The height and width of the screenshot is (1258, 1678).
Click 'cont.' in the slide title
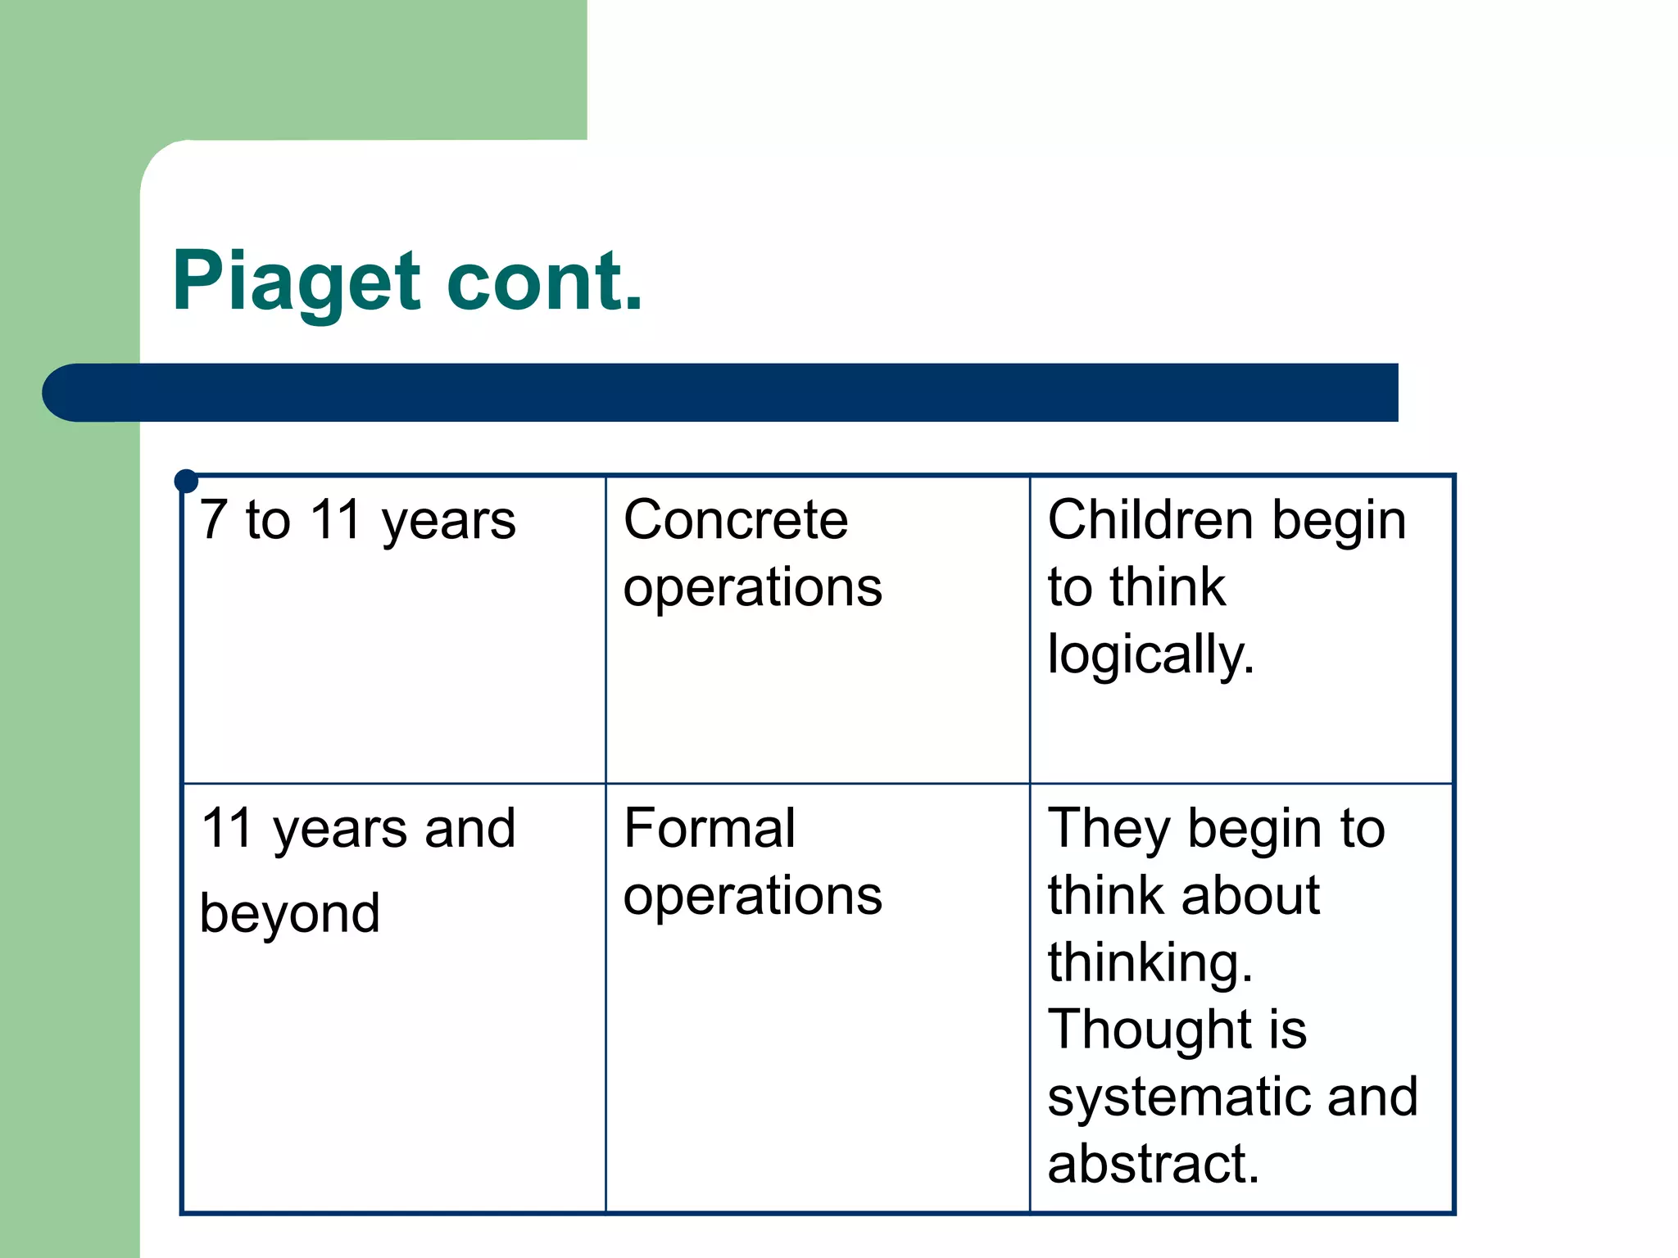(x=544, y=283)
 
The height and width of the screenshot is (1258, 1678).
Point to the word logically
(x=1150, y=655)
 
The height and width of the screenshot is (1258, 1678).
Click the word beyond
(x=290, y=913)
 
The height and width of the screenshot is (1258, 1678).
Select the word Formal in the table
(x=709, y=828)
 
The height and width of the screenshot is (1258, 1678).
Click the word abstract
(x=1152, y=1164)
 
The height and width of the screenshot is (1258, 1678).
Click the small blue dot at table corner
(x=187, y=481)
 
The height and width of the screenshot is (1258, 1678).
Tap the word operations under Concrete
(x=752, y=588)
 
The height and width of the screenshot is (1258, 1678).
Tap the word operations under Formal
(x=752, y=896)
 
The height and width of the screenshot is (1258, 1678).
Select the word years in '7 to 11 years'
(x=448, y=521)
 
